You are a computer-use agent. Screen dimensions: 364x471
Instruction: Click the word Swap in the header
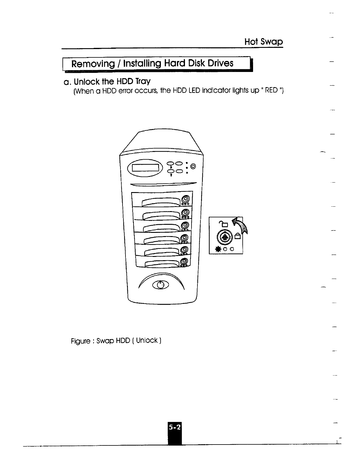271,42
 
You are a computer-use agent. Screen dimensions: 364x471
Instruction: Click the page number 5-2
175,427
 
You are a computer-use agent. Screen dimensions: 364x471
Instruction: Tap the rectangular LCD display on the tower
146,168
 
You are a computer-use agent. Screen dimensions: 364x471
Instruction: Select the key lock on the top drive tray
185,199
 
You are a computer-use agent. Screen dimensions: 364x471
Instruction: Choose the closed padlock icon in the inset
238,236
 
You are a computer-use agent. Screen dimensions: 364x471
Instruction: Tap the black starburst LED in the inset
219,249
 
